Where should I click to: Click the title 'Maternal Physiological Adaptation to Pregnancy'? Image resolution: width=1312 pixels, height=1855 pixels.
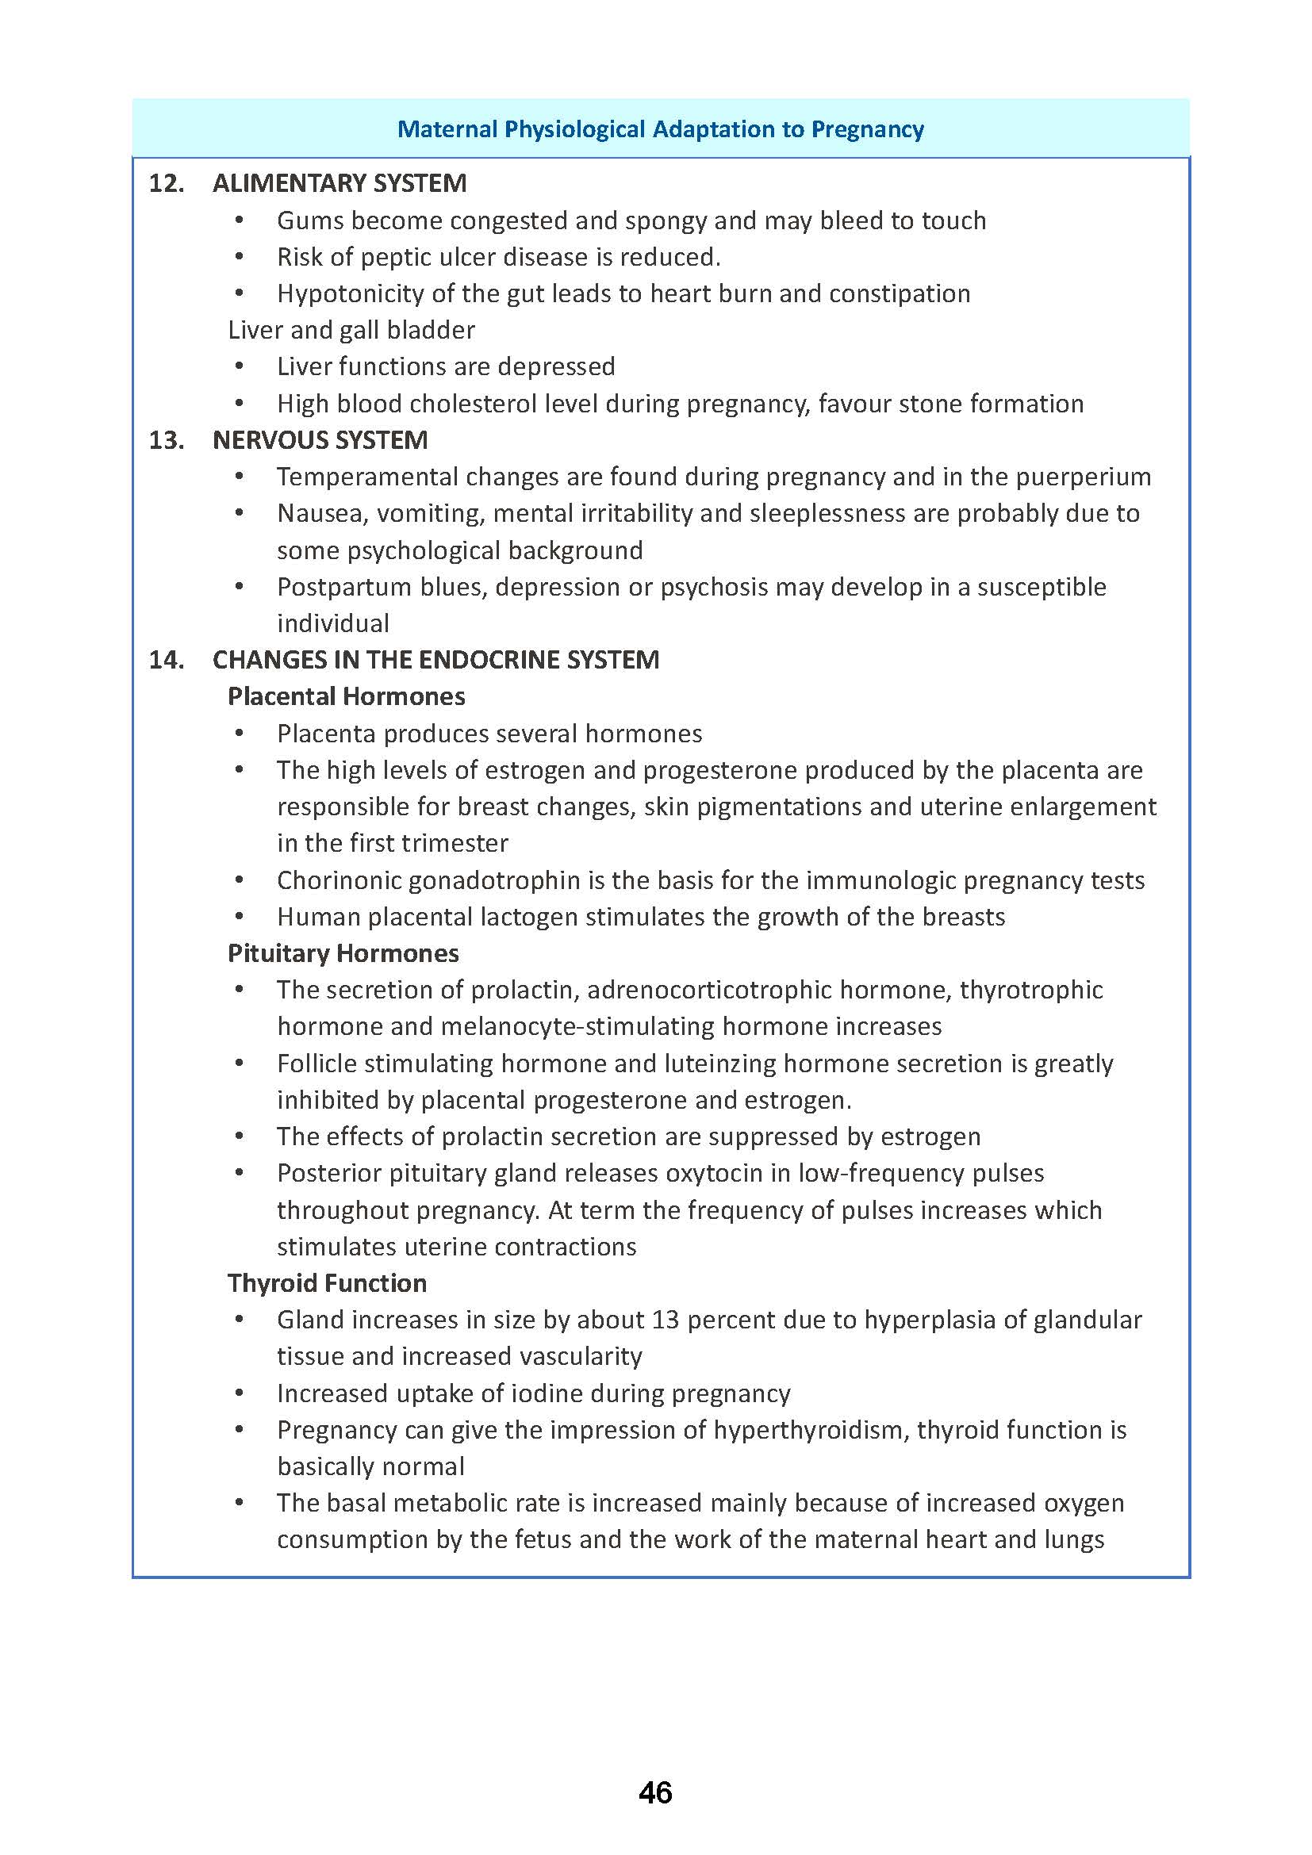pos(660,129)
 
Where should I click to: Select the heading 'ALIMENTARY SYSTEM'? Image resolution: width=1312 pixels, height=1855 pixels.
pos(340,183)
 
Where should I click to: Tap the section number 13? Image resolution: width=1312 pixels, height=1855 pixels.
pos(167,440)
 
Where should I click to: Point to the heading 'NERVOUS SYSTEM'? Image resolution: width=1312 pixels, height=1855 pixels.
pos(320,440)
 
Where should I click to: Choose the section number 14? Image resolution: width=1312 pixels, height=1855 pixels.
pos(167,660)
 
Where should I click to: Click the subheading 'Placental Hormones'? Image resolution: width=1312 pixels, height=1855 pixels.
pos(346,696)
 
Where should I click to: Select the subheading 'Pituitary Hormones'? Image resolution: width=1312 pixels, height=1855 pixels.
pos(343,953)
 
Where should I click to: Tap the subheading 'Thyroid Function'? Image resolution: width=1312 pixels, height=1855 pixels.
pos(326,1283)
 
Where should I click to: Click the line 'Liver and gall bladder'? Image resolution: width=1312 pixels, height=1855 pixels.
pos(351,330)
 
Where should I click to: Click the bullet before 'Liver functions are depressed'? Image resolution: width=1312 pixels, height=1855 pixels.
pos(239,367)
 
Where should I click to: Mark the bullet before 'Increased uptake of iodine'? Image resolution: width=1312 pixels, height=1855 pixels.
pos(239,1393)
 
